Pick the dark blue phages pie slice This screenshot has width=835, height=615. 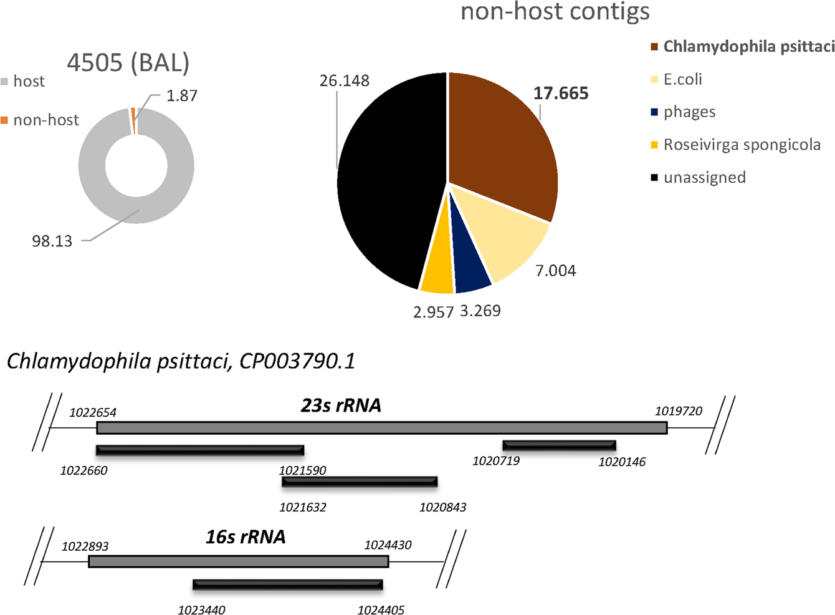click(472, 271)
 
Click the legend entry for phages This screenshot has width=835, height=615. click(689, 112)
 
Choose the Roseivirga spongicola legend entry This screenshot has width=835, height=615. click(742, 145)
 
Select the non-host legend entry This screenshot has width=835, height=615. click(45, 120)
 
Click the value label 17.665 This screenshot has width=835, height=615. click(561, 94)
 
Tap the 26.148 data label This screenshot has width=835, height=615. click(344, 81)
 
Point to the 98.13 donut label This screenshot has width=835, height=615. click(52, 241)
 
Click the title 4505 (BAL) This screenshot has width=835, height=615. click(128, 62)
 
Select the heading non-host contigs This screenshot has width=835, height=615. click(555, 11)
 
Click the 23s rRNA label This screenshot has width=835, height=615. click(341, 405)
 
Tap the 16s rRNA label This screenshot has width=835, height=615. click(246, 537)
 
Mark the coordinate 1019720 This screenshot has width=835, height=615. click(679, 412)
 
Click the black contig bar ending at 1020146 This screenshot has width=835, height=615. click(559, 445)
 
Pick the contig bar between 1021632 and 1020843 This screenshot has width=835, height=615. click(360, 482)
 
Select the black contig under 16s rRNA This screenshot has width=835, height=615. click(287, 584)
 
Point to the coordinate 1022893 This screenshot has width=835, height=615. click(85, 546)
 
